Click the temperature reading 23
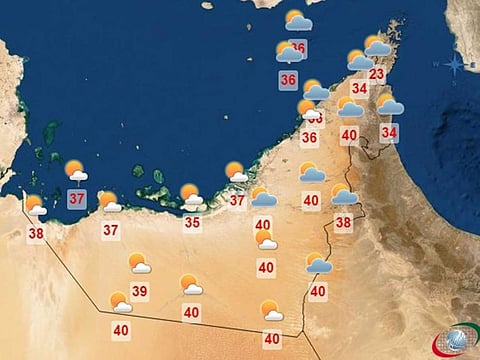point(376,74)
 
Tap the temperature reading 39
point(140,292)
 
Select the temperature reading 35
point(192,223)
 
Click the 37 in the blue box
point(77,197)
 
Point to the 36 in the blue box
point(289,80)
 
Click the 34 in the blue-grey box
point(389,131)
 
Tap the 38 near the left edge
point(36,234)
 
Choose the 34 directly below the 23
point(360,88)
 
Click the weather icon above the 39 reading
point(139,263)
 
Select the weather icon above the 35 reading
point(191,195)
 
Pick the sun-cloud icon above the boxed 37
point(76,171)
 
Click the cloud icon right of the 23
point(377,46)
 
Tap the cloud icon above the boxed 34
point(389,104)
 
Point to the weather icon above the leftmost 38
point(36,206)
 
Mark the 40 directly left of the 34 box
point(349,135)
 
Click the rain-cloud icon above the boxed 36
point(289,51)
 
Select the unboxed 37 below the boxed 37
point(111,230)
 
